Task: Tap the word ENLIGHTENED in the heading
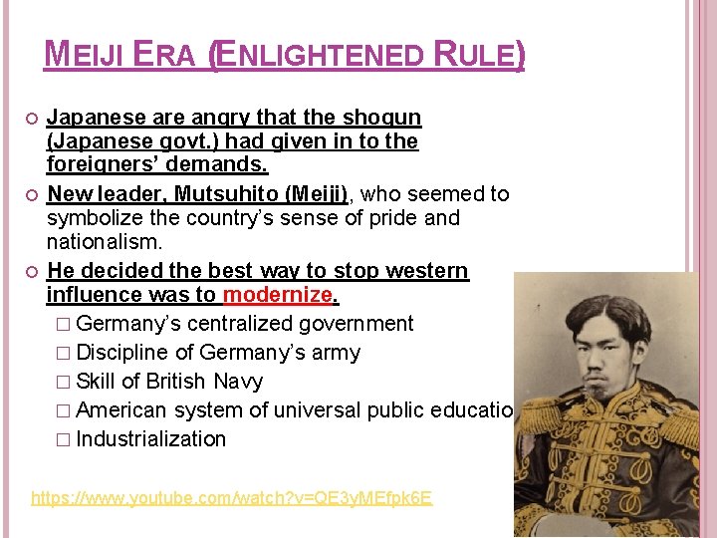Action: (x=318, y=55)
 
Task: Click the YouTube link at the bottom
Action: (x=231, y=497)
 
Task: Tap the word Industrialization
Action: (x=150, y=439)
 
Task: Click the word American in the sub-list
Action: (x=119, y=410)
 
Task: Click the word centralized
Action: (x=246, y=324)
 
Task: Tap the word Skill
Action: (x=95, y=382)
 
